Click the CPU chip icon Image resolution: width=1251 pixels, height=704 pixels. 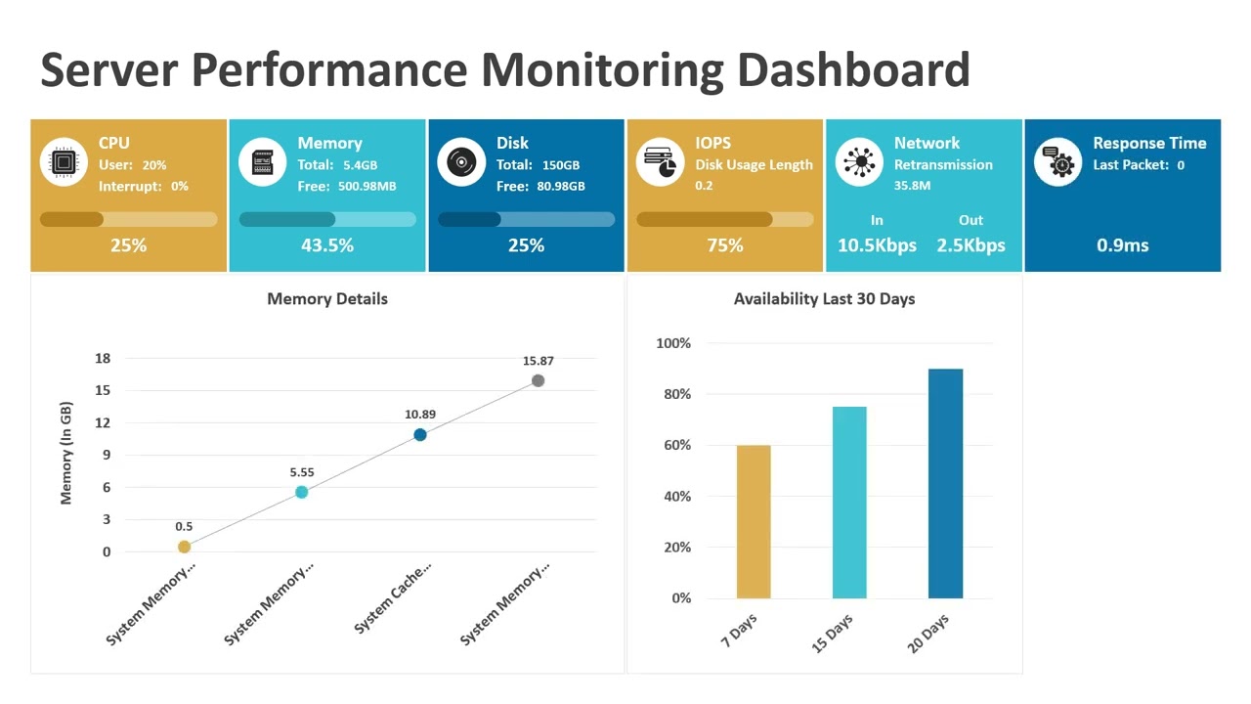click(x=65, y=162)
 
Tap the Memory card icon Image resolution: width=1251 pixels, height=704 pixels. click(x=263, y=162)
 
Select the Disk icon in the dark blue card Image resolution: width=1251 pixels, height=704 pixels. click(x=461, y=162)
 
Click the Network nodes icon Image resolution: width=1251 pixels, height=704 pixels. click(x=859, y=162)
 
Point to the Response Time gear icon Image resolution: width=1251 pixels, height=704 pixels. click(x=1058, y=162)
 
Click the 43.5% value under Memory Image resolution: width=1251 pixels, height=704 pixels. click(x=327, y=245)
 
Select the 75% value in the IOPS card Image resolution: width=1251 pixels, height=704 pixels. click(x=725, y=245)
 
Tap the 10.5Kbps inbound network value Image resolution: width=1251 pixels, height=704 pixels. click(x=877, y=245)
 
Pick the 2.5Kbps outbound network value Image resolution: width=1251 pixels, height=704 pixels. click(x=971, y=245)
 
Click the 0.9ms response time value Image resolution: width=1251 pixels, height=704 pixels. click(x=1122, y=245)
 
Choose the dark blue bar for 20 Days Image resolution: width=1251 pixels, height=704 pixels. click(x=945, y=483)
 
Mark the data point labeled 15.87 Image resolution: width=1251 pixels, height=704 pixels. click(x=538, y=380)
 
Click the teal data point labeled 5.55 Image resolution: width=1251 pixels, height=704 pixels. click(x=302, y=492)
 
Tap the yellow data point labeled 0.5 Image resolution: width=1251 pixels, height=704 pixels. click(x=184, y=547)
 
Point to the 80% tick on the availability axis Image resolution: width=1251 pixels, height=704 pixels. click(x=673, y=394)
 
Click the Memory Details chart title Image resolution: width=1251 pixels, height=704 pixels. click(x=327, y=299)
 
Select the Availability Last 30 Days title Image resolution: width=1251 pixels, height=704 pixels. click(x=824, y=299)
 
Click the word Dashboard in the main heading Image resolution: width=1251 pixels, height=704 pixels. click(x=853, y=70)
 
